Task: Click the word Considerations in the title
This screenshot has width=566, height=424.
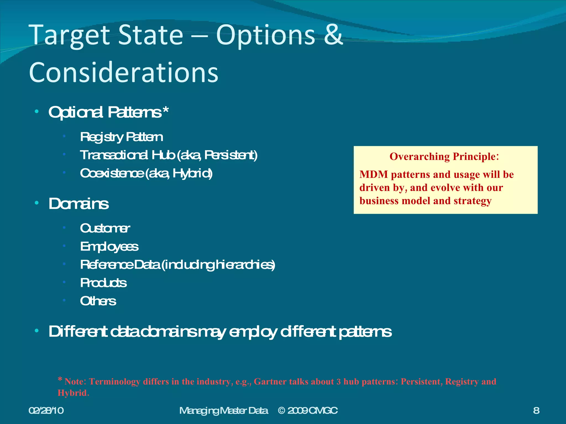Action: (x=124, y=73)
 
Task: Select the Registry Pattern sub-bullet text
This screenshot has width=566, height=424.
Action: (x=121, y=137)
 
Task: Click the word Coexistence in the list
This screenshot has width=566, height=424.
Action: (x=112, y=173)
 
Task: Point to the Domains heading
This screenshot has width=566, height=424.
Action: (x=78, y=204)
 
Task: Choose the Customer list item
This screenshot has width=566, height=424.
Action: (x=104, y=228)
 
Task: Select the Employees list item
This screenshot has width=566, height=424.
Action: (x=109, y=247)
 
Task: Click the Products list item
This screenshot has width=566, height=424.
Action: (x=103, y=283)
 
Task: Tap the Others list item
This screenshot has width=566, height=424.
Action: (x=98, y=301)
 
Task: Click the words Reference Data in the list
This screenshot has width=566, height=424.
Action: (x=120, y=265)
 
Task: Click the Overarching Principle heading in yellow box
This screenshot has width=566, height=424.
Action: (x=444, y=157)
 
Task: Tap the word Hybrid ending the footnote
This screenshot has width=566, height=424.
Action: (x=72, y=393)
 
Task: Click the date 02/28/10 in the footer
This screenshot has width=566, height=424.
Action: (x=46, y=411)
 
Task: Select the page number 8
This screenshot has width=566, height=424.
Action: (x=536, y=411)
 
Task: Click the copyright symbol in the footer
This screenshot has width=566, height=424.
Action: (x=281, y=411)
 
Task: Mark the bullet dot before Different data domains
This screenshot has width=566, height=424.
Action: (x=37, y=331)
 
